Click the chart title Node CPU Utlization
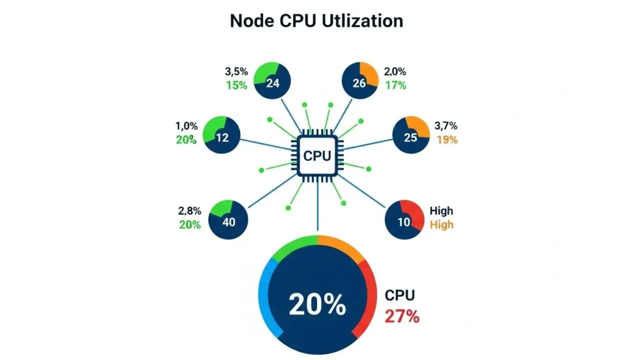[316, 21]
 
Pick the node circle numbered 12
[222, 135]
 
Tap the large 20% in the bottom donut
[317, 304]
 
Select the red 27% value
[401, 316]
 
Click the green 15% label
[236, 85]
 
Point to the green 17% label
[396, 85]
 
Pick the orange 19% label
[447, 140]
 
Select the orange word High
[442, 225]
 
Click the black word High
[442, 211]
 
